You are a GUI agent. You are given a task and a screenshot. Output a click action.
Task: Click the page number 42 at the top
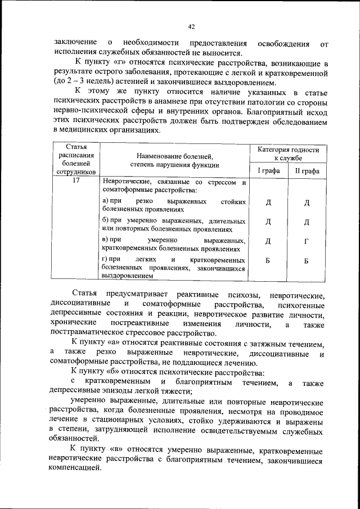(x=191, y=26)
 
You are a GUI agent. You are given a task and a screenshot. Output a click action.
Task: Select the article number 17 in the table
(x=79, y=182)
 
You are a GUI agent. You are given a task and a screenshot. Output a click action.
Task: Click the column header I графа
(x=268, y=170)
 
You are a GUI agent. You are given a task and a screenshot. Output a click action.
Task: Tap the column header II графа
(x=307, y=170)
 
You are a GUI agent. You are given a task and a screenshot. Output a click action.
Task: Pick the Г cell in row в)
(x=307, y=241)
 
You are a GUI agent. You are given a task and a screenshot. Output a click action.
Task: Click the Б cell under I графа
(x=268, y=261)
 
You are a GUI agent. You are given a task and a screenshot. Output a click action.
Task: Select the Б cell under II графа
(x=307, y=261)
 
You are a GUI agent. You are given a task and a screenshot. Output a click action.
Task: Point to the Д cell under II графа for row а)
(x=307, y=202)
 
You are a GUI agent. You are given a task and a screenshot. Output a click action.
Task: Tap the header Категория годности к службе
(x=288, y=154)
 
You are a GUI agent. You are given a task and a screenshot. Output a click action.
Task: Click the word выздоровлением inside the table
(x=127, y=276)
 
